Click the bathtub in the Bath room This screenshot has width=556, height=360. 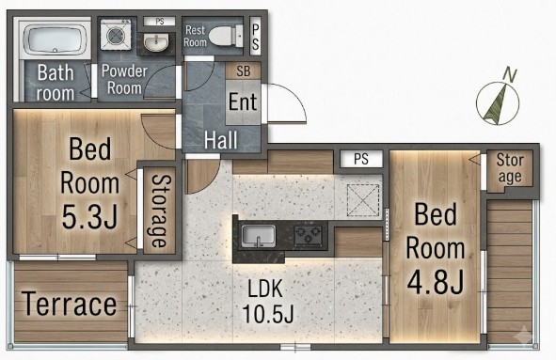point(55,39)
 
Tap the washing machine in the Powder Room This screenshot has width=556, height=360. point(116,35)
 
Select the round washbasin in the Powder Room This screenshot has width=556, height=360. point(156,43)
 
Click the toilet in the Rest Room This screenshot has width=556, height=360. point(226,36)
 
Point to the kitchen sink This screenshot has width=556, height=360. point(259,235)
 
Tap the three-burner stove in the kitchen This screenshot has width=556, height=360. point(309,236)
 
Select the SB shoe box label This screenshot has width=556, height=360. point(244,71)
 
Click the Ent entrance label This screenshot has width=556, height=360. point(243,102)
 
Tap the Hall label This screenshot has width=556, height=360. point(220,140)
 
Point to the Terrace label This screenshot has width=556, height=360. point(69,304)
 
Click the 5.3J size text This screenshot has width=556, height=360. point(89,216)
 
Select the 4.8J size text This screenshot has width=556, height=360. point(436,281)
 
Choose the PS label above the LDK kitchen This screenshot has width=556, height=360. point(361,159)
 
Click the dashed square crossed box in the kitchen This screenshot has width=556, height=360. point(363,200)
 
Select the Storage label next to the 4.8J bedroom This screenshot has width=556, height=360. point(510,168)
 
